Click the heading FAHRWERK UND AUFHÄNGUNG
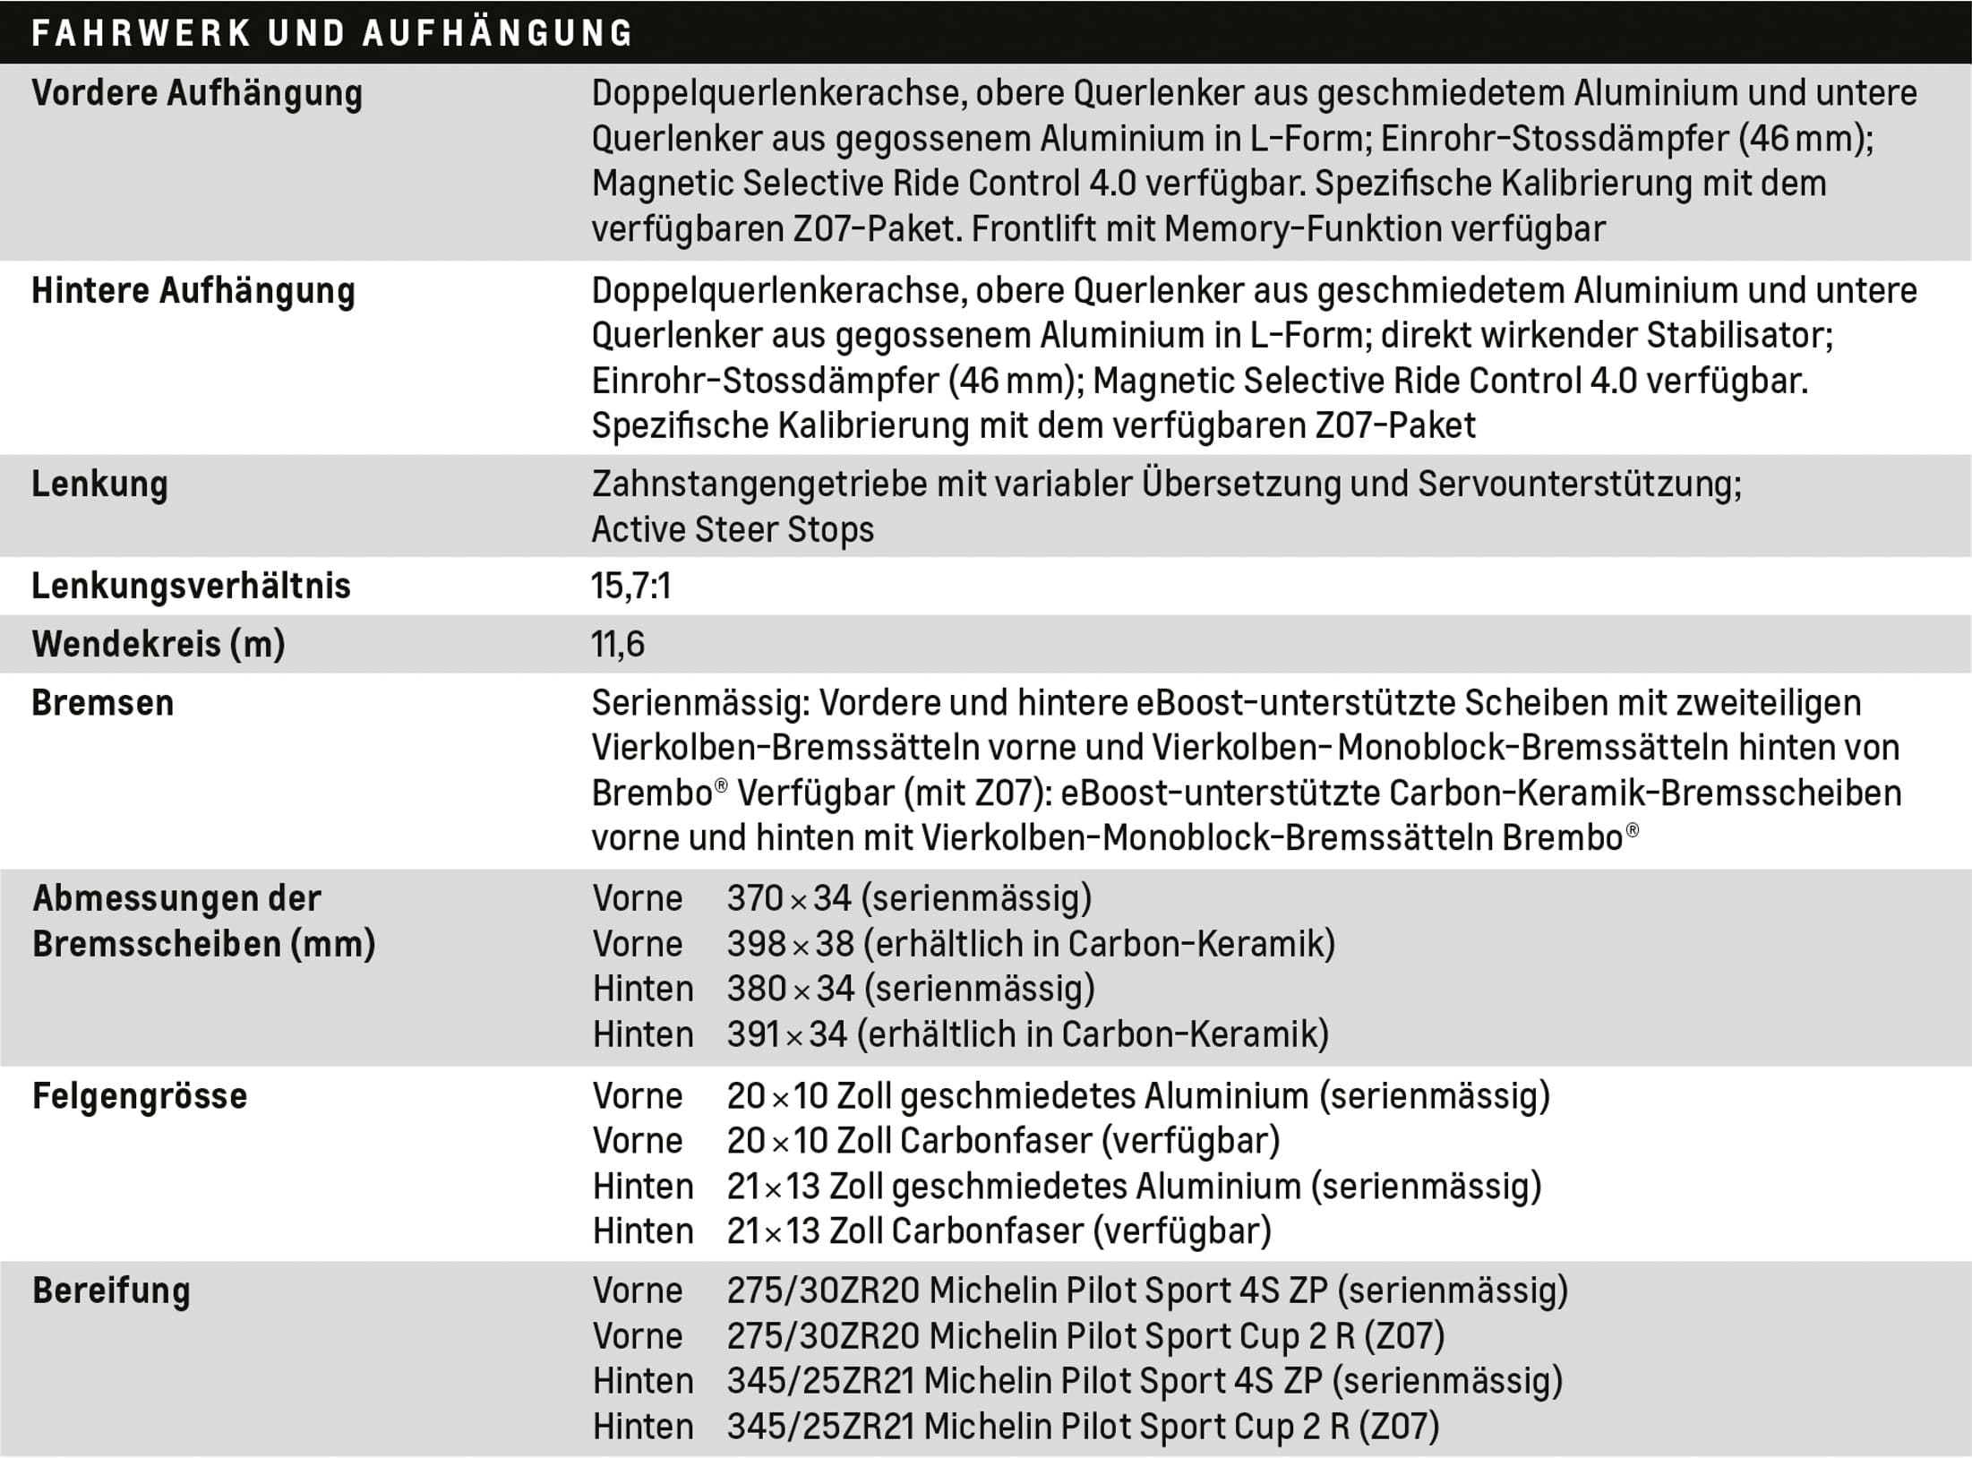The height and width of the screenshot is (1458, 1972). (x=331, y=33)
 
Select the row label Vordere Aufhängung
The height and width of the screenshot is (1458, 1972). (x=197, y=93)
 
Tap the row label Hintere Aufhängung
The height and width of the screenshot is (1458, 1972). (x=193, y=291)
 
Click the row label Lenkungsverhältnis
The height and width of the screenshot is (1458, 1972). (x=191, y=586)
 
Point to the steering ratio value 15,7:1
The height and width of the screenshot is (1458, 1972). (x=630, y=586)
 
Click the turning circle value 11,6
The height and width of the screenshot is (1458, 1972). (x=618, y=644)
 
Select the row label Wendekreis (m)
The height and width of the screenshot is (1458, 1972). (x=159, y=644)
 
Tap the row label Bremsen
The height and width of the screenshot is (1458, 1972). (x=103, y=703)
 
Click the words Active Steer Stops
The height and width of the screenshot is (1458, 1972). (x=733, y=529)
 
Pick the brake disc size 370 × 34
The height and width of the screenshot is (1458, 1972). (x=788, y=898)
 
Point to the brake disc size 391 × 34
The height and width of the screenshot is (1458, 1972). (x=786, y=1034)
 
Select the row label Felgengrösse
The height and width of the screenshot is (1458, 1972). (x=140, y=1096)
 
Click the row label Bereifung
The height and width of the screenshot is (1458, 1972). (x=112, y=1291)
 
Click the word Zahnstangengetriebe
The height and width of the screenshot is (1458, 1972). (x=759, y=485)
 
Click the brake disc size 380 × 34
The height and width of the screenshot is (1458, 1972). (x=790, y=989)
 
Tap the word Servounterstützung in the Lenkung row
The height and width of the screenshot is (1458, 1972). (x=1579, y=485)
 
